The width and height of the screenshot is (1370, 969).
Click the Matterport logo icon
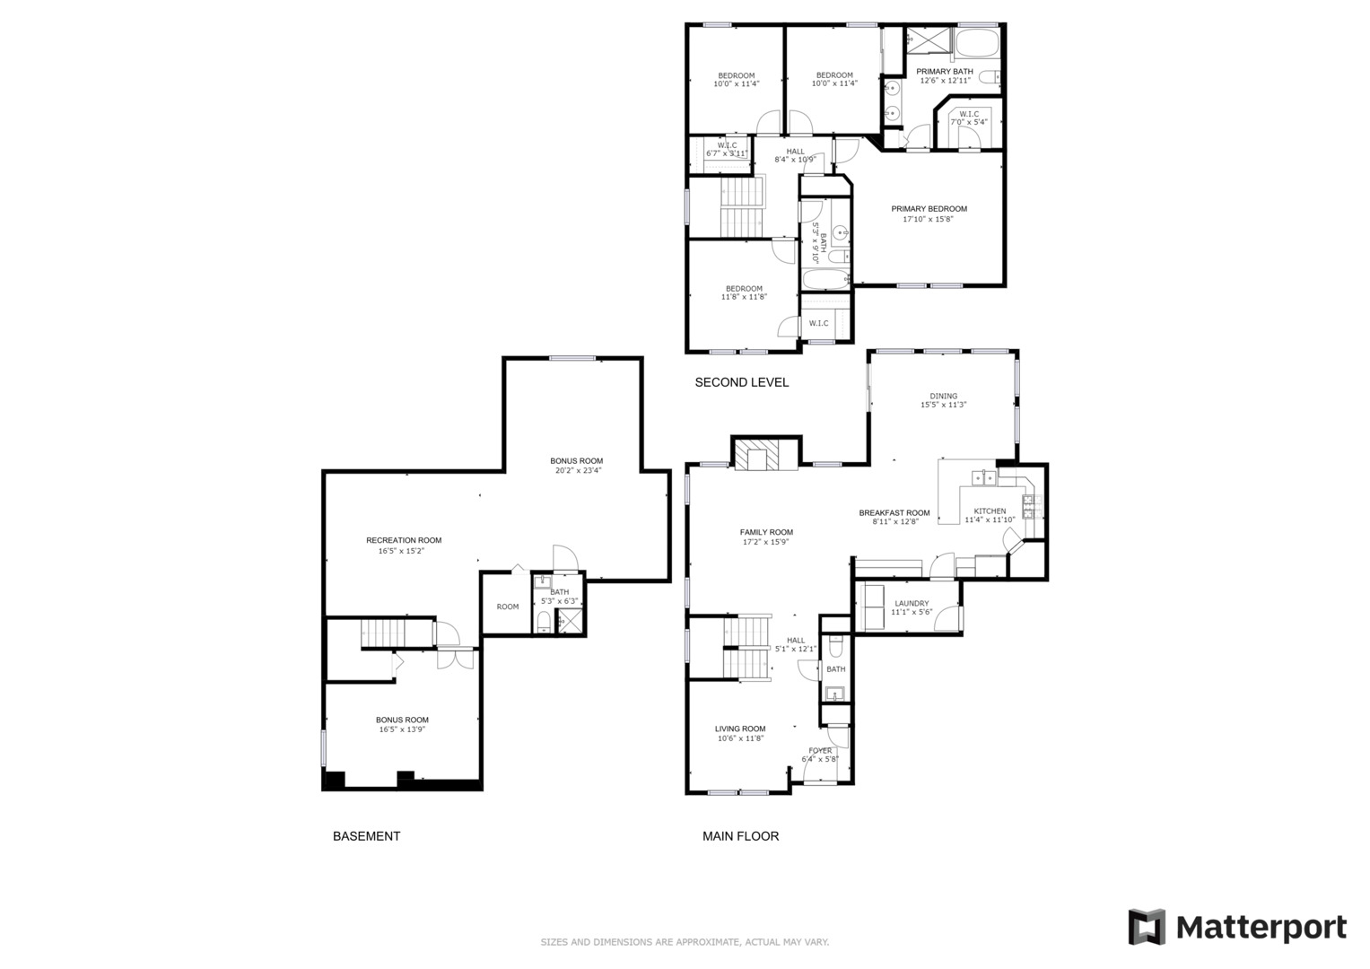tap(1146, 927)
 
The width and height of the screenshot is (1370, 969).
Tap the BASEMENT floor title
tap(366, 836)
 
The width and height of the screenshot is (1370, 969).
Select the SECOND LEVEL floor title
tap(742, 382)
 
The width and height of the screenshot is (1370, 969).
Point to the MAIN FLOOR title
tap(741, 836)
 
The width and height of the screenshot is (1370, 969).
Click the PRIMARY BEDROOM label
tap(929, 209)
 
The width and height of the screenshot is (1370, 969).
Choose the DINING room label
tap(943, 396)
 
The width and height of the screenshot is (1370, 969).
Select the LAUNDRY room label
tap(912, 603)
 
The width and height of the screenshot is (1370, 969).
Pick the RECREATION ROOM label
tap(404, 540)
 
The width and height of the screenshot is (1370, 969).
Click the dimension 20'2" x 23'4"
tap(576, 470)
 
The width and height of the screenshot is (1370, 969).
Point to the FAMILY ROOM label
tap(766, 532)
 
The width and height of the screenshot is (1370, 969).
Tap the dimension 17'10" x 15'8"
tap(929, 219)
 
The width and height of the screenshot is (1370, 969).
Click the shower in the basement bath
tap(570, 621)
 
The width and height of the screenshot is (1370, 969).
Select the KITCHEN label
tap(990, 511)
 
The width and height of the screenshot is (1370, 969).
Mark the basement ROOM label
tap(508, 607)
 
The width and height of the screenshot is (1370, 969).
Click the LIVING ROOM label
tap(740, 729)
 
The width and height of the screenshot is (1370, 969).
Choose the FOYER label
tap(820, 751)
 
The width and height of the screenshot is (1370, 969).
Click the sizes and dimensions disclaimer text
tap(685, 942)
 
